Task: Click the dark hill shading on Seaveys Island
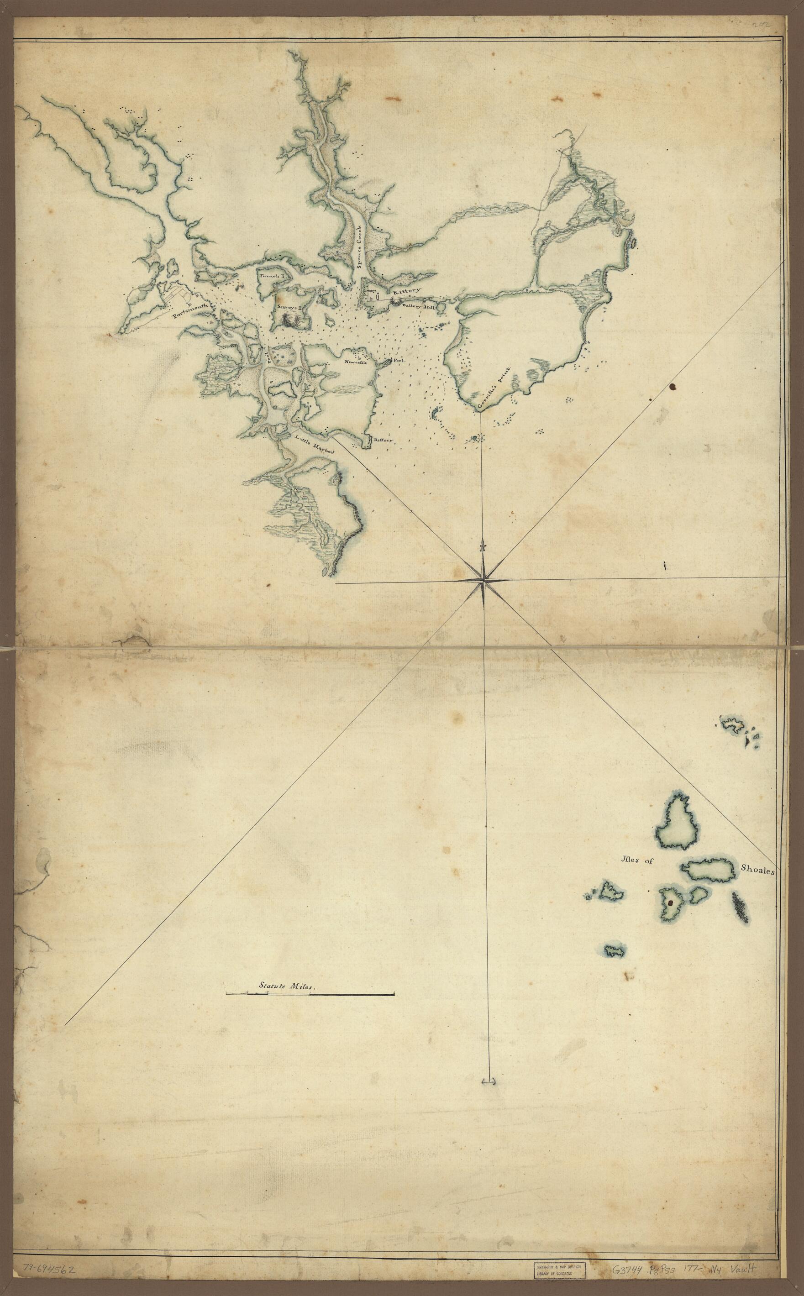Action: [x=292, y=319]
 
